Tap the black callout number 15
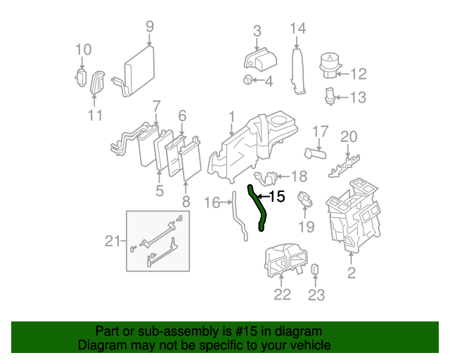(277, 197)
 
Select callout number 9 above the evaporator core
(150, 27)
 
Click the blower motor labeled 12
(330, 65)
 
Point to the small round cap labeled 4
(247, 79)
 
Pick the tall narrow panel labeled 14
(298, 71)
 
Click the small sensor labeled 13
(330, 96)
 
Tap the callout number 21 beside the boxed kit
(112, 241)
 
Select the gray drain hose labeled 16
(239, 216)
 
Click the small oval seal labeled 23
(315, 269)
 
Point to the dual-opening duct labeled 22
(285, 260)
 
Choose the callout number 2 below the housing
(352, 273)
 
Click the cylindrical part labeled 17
(315, 153)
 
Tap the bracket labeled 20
(344, 167)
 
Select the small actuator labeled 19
(304, 199)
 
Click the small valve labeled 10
(81, 77)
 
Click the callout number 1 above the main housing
(232, 117)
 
